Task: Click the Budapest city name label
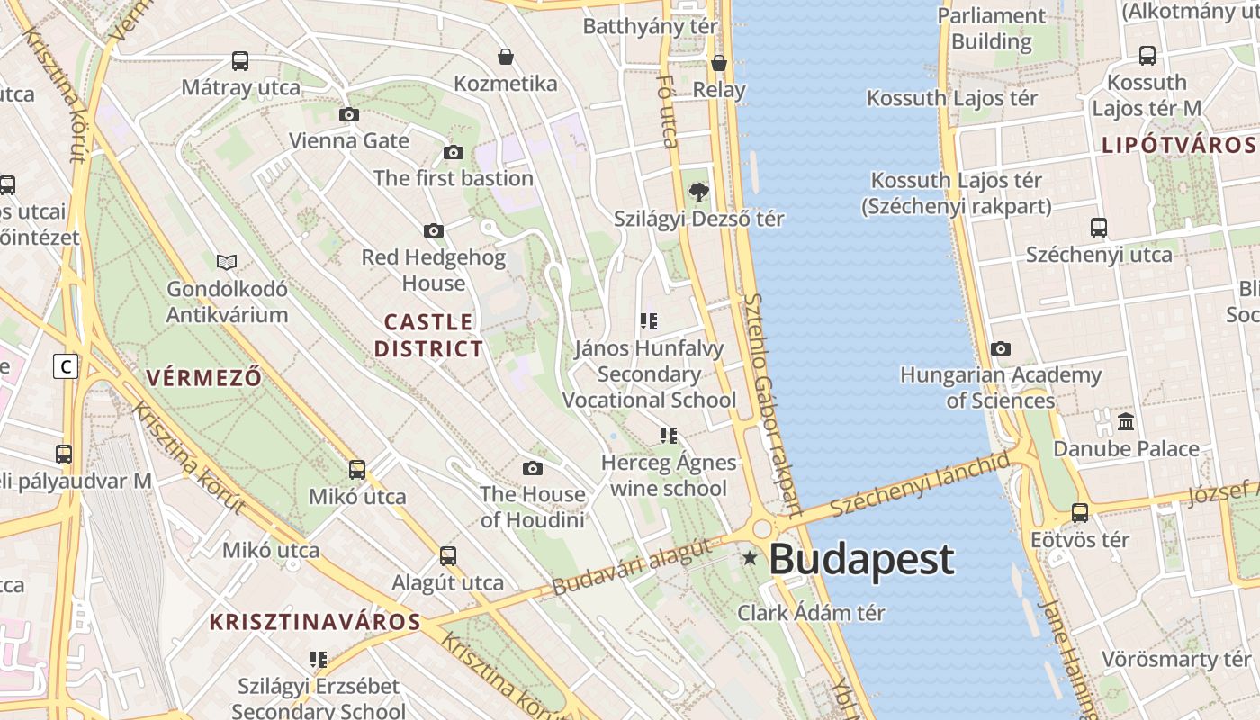pos(860,559)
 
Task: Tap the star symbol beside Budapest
pos(750,558)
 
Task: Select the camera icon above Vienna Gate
pos(349,114)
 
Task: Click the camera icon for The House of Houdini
pos(533,468)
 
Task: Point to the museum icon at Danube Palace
pos(1125,421)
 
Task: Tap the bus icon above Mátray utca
pos(240,61)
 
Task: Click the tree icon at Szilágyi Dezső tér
pos(698,192)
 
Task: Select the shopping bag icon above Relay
pos(719,63)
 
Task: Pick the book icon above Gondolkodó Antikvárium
pos(227,262)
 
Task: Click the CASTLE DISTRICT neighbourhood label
pos(428,335)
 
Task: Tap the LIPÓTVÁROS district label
pos(1178,145)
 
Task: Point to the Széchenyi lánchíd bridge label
pos(920,485)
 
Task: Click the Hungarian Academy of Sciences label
pos(1000,387)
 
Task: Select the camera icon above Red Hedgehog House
pos(434,230)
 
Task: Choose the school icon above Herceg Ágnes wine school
pos(668,436)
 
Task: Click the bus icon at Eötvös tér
pos(1080,513)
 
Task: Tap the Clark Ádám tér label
pos(811,613)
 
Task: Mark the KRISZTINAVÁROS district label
pos(315,621)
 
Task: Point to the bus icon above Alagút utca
pos(448,555)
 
